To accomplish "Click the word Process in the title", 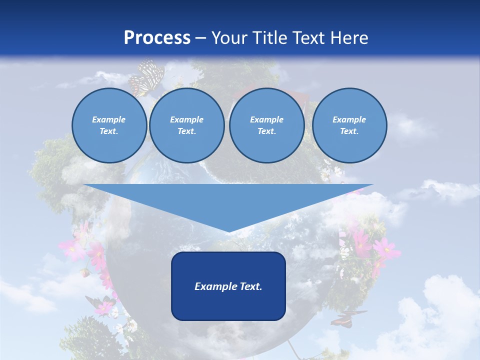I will click(157, 38).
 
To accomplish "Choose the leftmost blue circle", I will click(109, 125).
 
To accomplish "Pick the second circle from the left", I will click(187, 125).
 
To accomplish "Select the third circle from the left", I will click(267, 125).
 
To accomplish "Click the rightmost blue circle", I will click(349, 125).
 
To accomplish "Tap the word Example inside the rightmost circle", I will click(349, 119).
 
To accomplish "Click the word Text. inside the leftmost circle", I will click(109, 131).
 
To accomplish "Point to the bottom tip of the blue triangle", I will click(228, 231).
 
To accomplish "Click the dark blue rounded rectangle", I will click(228, 286).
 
